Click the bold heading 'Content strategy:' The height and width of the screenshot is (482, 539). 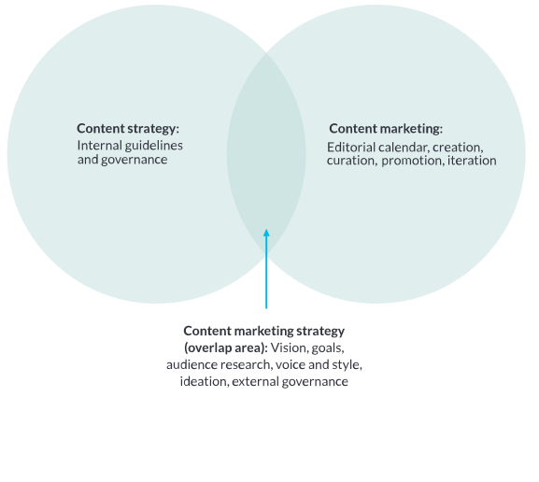coord(128,129)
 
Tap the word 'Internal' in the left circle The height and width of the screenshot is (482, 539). coord(100,145)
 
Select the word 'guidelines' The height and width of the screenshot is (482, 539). coord(153,146)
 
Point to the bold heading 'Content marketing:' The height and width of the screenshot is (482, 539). coord(386,129)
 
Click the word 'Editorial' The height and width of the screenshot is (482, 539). coord(351,148)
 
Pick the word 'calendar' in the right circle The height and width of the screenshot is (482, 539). coord(404,148)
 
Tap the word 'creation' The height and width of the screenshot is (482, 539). coord(458,148)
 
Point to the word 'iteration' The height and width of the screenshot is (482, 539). coord(472,161)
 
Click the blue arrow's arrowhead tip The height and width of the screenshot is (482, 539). coord(266,229)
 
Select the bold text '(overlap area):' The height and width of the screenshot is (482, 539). coord(226,347)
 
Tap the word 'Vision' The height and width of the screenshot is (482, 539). coord(290,347)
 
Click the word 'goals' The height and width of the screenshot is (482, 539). coord(328,348)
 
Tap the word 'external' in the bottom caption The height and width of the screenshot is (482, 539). coord(255,382)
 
